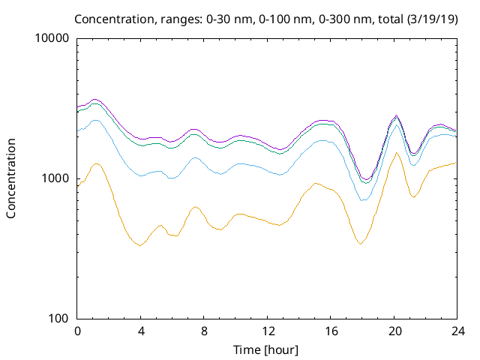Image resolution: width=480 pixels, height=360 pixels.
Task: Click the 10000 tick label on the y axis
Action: click(x=53, y=38)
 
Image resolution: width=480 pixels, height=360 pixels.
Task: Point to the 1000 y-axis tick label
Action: click(x=56, y=178)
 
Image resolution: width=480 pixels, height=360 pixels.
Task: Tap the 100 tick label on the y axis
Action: click(x=59, y=318)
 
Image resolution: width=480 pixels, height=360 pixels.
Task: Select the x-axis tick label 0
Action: click(x=77, y=331)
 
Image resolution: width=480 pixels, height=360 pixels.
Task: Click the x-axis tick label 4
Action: click(x=140, y=331)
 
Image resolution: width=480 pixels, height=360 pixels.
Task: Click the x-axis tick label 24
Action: click(x=458, y=331)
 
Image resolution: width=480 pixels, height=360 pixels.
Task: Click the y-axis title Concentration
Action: click(x=11, y=178)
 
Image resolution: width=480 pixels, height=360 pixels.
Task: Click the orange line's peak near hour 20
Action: click(x=397, y=153)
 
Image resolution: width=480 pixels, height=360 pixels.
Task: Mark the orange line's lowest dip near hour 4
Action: click(x=139, y=245)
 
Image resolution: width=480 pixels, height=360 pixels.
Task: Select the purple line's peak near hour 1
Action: click(x=94, y=99)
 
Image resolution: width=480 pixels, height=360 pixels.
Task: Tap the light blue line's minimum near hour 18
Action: click(x=363, y=200)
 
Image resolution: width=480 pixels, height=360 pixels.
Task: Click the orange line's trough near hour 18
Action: click(x=361, y=244)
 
